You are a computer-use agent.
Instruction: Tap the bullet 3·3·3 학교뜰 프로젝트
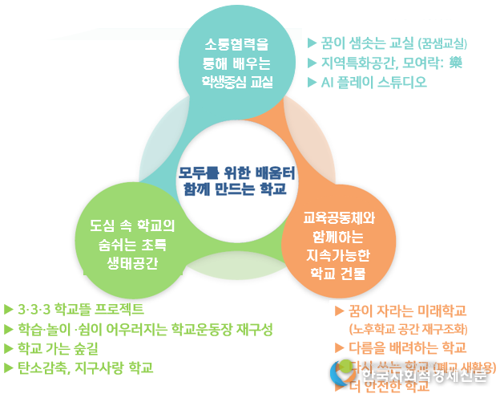pyautogui.click(x=80, y=309)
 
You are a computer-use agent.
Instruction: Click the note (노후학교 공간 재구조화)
pyautogui.click(x=408, y=329)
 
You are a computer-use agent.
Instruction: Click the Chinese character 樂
pyautogui.click(x=456, y=62)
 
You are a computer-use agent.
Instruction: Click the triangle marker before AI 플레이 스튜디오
pyautogui.click(x=312, y=82)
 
